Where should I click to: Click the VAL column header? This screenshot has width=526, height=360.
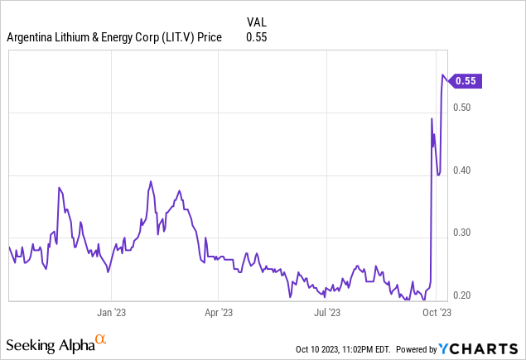(257, 22)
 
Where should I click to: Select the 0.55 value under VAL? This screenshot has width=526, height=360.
(257, 37)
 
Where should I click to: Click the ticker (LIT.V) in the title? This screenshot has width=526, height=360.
(166, 37)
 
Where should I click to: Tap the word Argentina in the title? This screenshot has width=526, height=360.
(31, 37)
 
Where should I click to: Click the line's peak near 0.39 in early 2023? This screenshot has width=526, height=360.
(151, 181)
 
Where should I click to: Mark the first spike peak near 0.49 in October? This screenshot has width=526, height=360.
(432, 119)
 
